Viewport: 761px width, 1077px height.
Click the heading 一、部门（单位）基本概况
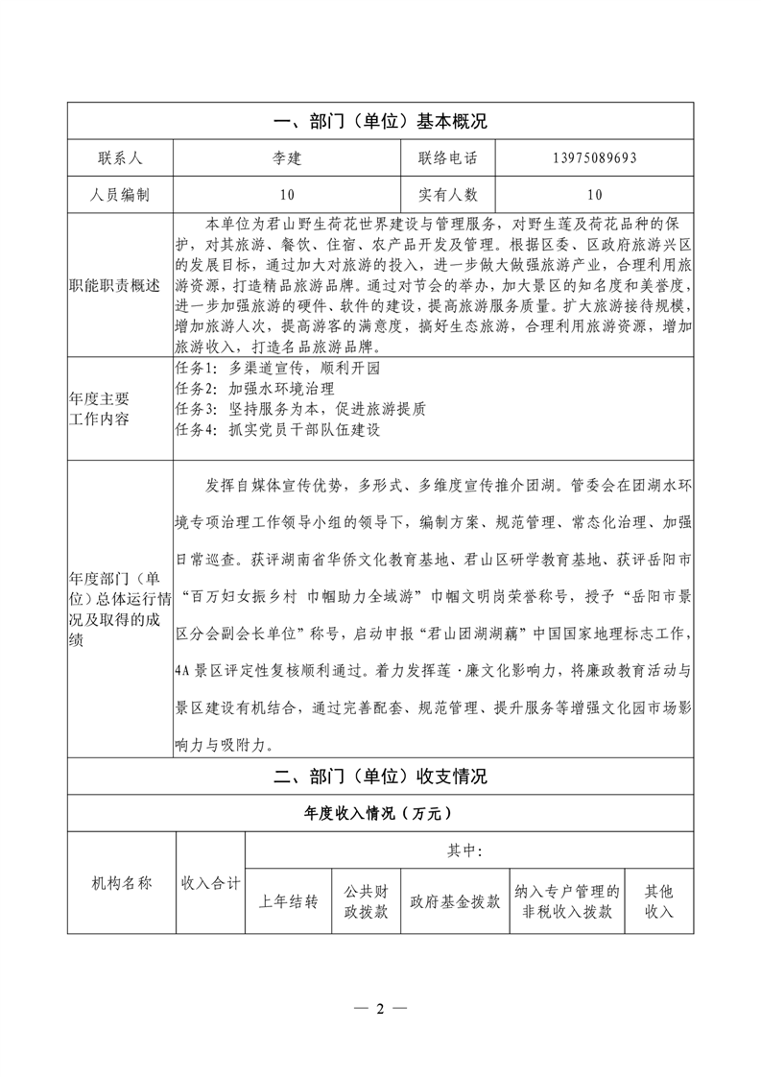point(380,122)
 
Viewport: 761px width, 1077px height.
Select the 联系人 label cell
point(120,158)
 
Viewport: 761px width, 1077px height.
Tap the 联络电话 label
point(447,158)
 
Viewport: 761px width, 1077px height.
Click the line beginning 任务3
point(300,409)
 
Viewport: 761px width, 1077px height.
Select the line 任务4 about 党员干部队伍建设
point(277,429)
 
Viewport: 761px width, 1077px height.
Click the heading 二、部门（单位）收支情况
point(380,777)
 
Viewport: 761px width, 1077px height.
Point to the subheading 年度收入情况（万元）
point(380,813)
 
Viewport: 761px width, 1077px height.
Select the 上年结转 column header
point(288,902)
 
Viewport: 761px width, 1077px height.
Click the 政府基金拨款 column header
point(455,902)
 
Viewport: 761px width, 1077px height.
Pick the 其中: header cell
point(465,850)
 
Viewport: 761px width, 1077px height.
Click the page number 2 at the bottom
point(380,1009)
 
